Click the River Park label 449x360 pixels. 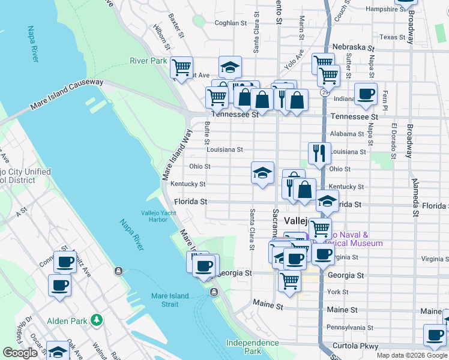pyautogui.click(x=148, y=61)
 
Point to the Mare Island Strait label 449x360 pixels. pyautogui.click(x=170, y=300)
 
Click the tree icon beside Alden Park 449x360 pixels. pyautogui.click(x=96, y=320)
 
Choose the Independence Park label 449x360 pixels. pyautogui.click(x=252, y=347)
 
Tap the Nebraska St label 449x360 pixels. pyautogui.click(x=354, y=47)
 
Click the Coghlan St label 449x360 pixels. pyautogui.click(x=231, y=23)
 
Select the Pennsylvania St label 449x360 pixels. pyautogui.click(x=350, y=328)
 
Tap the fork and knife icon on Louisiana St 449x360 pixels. pyautogui.click(x=319, y=152)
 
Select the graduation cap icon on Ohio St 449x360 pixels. pyautogui.click(x=262, y=173)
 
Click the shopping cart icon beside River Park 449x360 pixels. pyautogui.click(x=181, y=67)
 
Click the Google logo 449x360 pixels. pyautogui.click(x=20, y=353)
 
